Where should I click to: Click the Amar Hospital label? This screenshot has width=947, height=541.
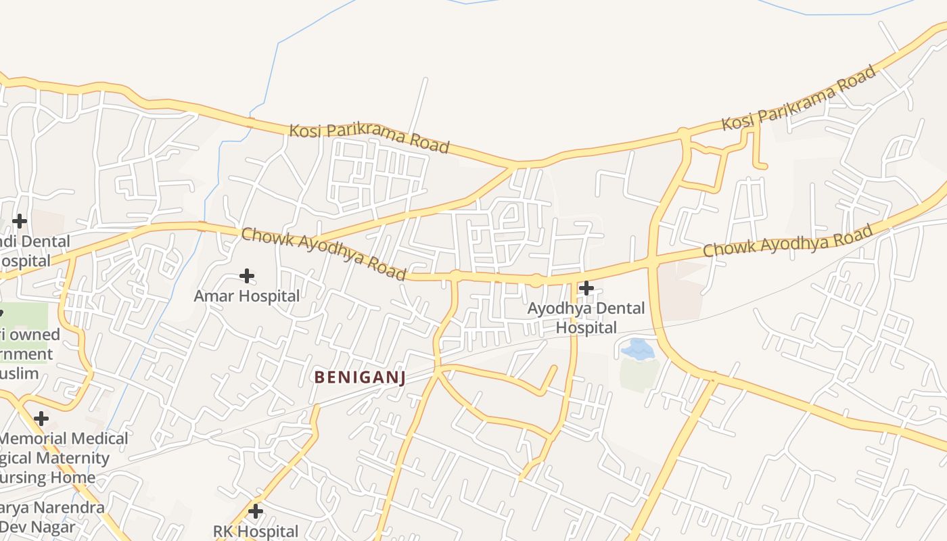[x=246, y=296]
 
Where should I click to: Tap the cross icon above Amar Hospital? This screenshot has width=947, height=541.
[x=247, y=276]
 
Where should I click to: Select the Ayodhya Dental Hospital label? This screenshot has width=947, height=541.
[x=586, y=318]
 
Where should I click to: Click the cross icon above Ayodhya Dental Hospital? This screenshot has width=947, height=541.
[x=586, y=288]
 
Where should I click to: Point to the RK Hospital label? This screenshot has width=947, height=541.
[x=256, y=532]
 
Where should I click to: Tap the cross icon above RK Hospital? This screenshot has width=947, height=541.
[x=256, y=511]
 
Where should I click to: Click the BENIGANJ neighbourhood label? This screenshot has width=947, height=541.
[x=360, y=377]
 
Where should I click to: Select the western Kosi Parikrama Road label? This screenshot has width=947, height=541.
[x=369, y=138]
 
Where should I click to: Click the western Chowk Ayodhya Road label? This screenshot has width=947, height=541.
[x=323, y=254]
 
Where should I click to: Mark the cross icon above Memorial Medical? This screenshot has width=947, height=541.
[x=41, y=419]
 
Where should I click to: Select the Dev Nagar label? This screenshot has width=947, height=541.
[x=37, y=526]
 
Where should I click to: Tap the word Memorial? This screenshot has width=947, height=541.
[x=31, y=438]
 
